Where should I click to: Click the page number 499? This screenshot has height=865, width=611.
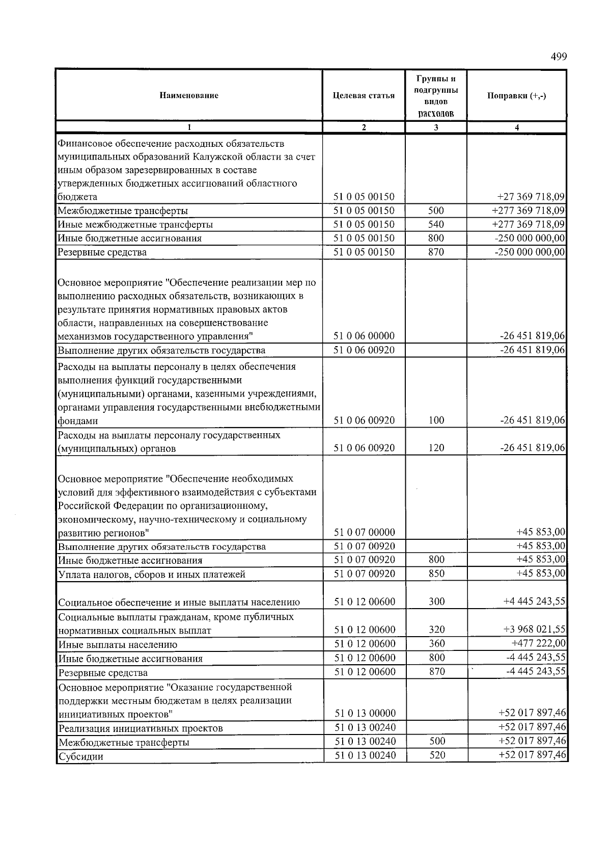pos(558,57)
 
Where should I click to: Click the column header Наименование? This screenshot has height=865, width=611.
pos(189,95)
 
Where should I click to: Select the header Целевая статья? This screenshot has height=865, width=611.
pos(364,95)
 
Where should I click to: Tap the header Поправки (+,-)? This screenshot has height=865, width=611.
pos(516,96)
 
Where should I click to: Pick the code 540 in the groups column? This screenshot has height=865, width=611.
pos(436,224)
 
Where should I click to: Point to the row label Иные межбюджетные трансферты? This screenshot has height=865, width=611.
pos(135,224)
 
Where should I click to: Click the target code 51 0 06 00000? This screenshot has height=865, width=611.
pos(364,336)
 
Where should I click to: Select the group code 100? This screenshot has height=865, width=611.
pos(436,421)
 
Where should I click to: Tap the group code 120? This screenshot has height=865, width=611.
pos(436,448)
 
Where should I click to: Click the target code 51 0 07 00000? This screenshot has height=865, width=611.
pos(364,533)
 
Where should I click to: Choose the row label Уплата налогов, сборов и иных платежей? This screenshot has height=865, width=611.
pos(152,574)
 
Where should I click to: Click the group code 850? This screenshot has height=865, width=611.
pos(436,573)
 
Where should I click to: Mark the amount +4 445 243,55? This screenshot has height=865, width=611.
pos(534,602)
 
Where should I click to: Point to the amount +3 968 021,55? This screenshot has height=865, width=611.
pos(534,630)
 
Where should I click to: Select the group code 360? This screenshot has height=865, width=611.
pos(437,644)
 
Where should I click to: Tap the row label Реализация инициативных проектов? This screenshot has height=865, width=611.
pos(141,728)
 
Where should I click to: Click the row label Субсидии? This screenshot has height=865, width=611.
pos(81,756)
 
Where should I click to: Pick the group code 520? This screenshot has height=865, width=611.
pos(437,755)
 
